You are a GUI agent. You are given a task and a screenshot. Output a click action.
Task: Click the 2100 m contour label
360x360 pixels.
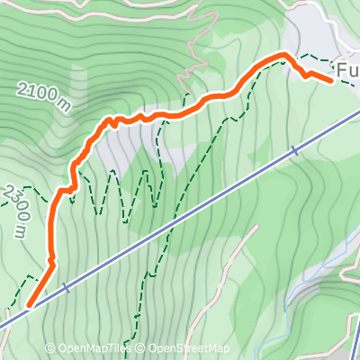[x=43, y=94]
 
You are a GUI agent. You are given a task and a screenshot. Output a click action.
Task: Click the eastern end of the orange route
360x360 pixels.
[x=332, y=80]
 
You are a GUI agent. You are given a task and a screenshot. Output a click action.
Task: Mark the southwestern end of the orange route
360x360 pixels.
[x=28, y=305]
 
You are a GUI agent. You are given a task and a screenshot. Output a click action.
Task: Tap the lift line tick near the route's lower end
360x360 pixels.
[x=66, y=289]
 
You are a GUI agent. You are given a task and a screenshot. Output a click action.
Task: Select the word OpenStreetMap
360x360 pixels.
[x=189, y=348]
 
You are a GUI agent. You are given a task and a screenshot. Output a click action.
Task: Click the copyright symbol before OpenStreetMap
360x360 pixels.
[x=142, y=348]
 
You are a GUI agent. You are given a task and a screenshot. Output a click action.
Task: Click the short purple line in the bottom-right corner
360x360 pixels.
[x=355, y=337]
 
